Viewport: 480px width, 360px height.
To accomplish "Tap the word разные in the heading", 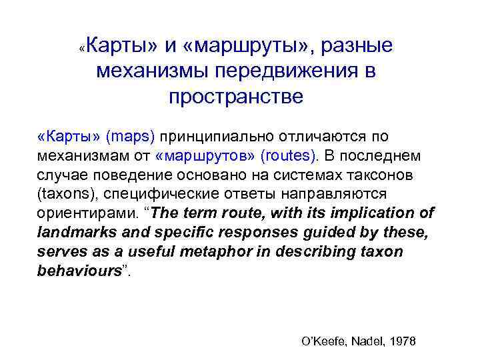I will pyautogui.click(x=360, y=46).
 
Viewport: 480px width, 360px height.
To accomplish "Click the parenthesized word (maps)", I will pyautogui.click(x=129, y=137).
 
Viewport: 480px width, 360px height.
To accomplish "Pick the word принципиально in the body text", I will pyautogui.click(x=211, y=137).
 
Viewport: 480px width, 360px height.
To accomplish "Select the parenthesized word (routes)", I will pyautogui.click(x=289, y=157).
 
